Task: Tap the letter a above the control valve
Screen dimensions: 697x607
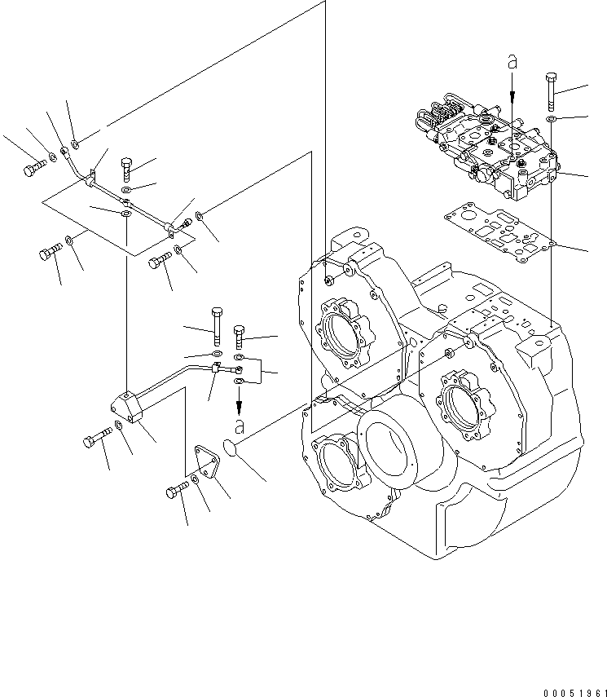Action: coord(512,61)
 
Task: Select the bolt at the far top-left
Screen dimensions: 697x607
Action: coord(32,169)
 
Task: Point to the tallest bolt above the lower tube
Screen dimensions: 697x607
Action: coord(216,324)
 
